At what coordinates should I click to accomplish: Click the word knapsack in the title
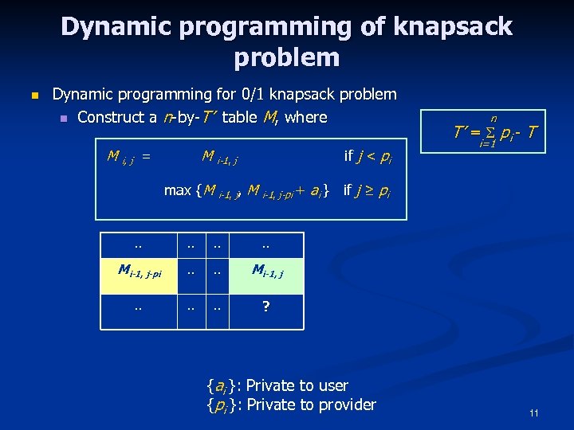pos(452,28)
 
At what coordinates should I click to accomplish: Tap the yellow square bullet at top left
pos(33,96)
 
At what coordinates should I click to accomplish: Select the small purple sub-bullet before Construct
pos(64,118)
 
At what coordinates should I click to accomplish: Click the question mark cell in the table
pos(266,305)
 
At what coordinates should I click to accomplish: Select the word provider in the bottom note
pos(344,405)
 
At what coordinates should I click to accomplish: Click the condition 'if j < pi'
pos(368,156)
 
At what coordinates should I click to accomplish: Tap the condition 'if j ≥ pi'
pos(366,190)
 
